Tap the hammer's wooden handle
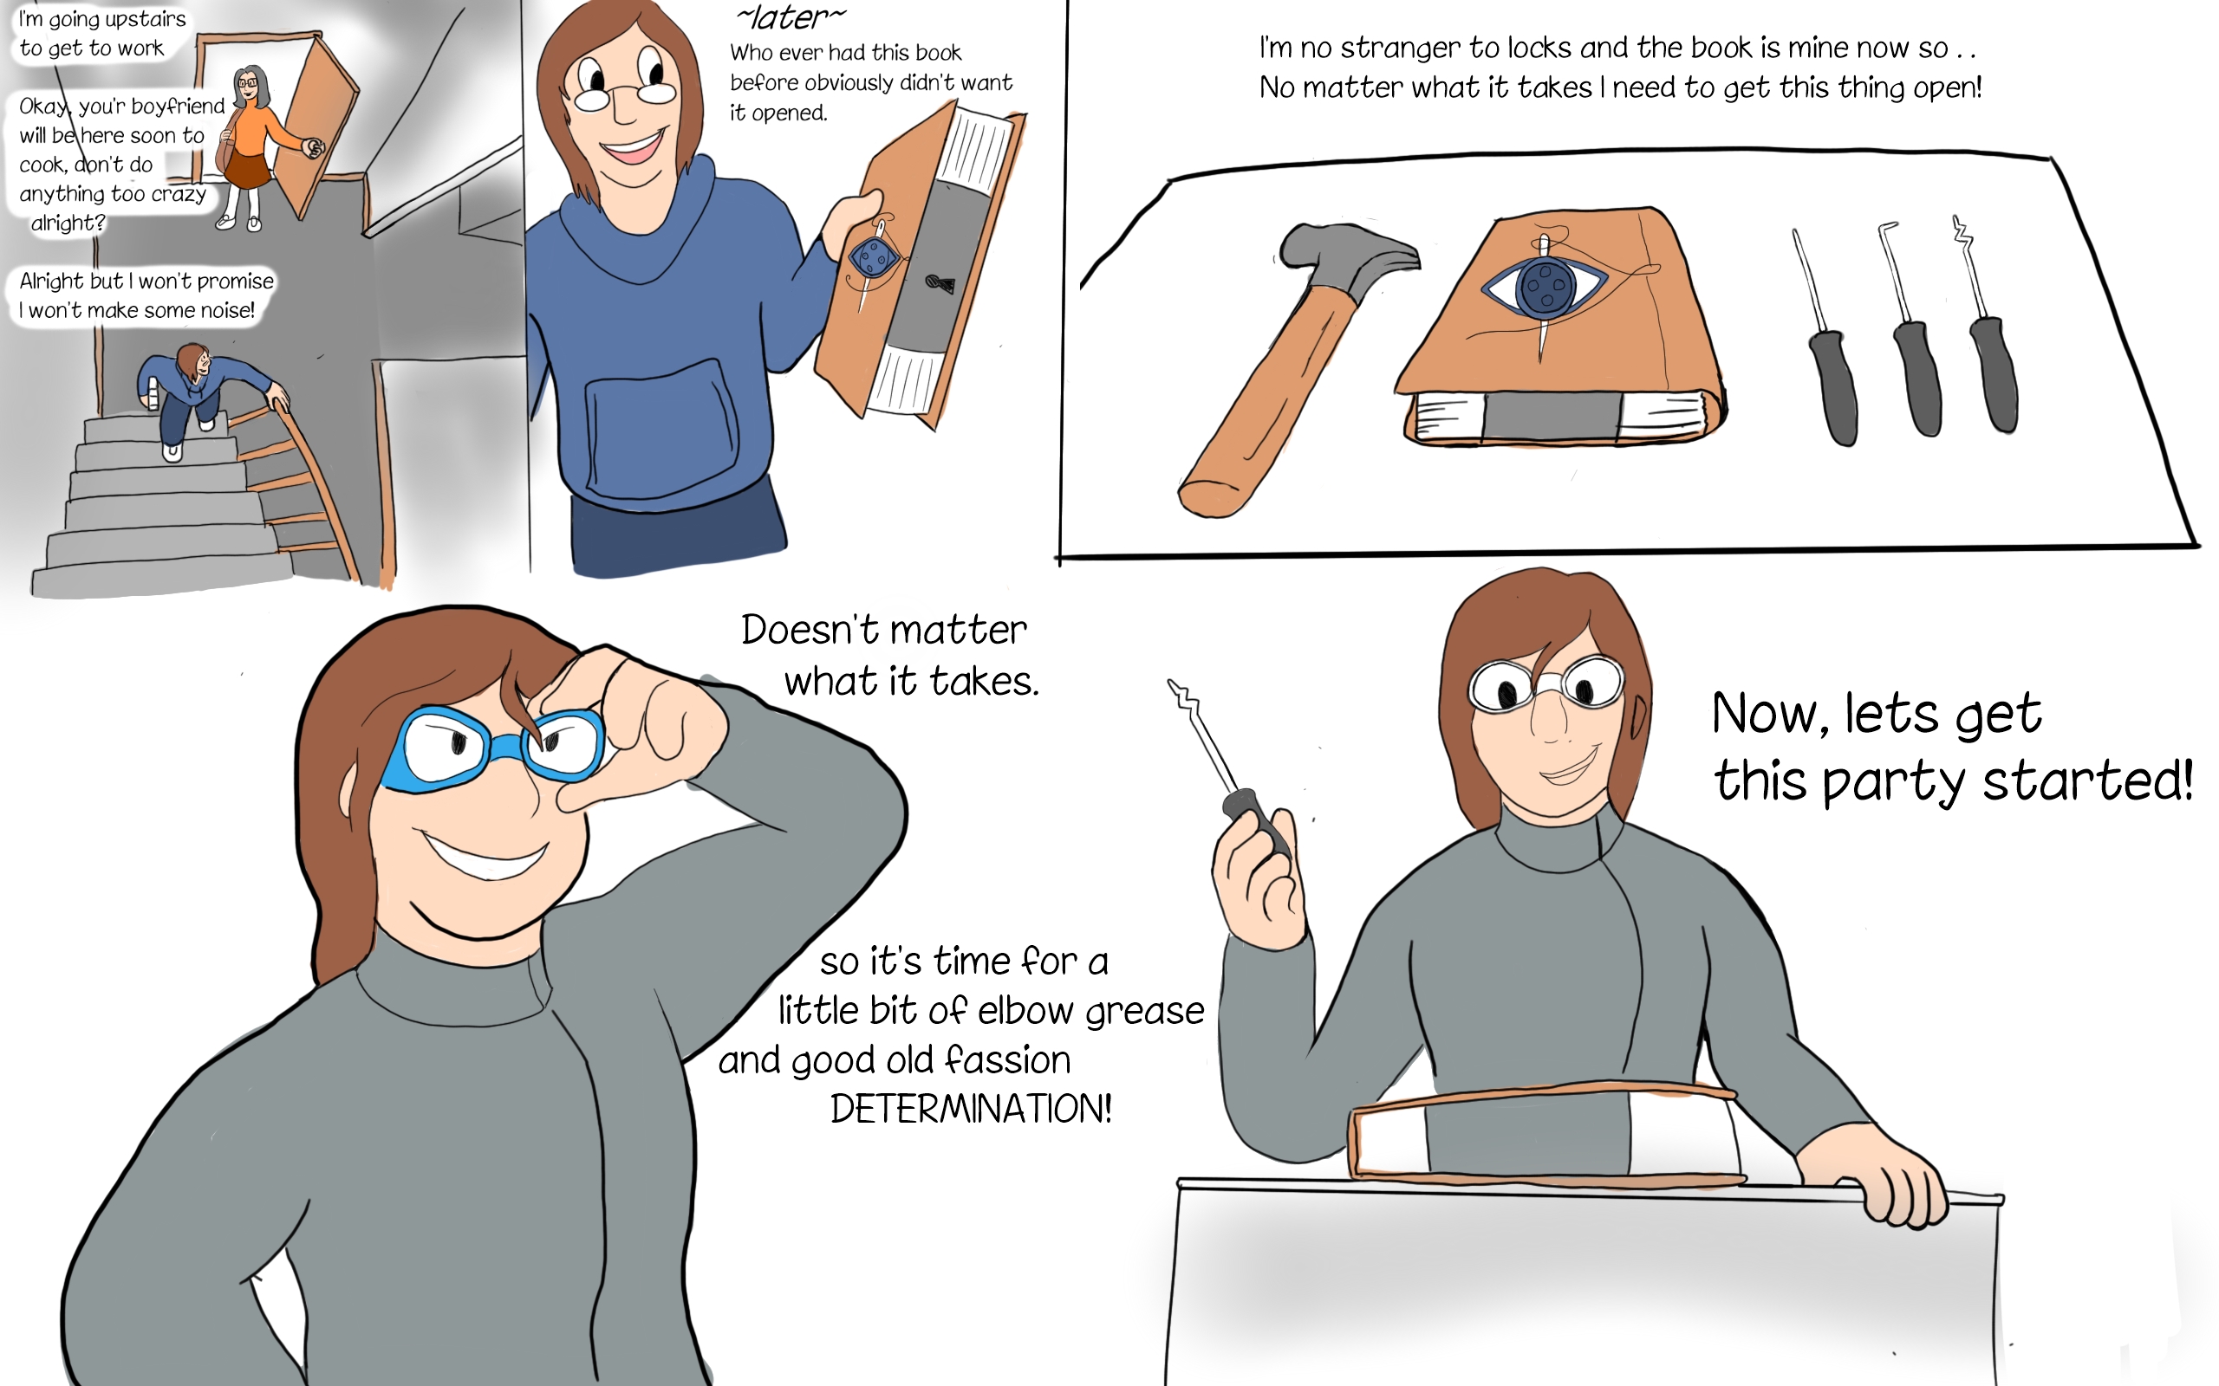point(1266,404)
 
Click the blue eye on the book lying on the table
point(1545,285)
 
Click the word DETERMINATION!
point(971,1108)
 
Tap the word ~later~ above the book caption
point(791,16)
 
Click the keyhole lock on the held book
point(940,283)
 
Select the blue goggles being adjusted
point(493,746)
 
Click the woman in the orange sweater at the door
point(252,146)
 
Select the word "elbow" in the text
point(1026,1010)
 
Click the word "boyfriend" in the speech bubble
point(178,107)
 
